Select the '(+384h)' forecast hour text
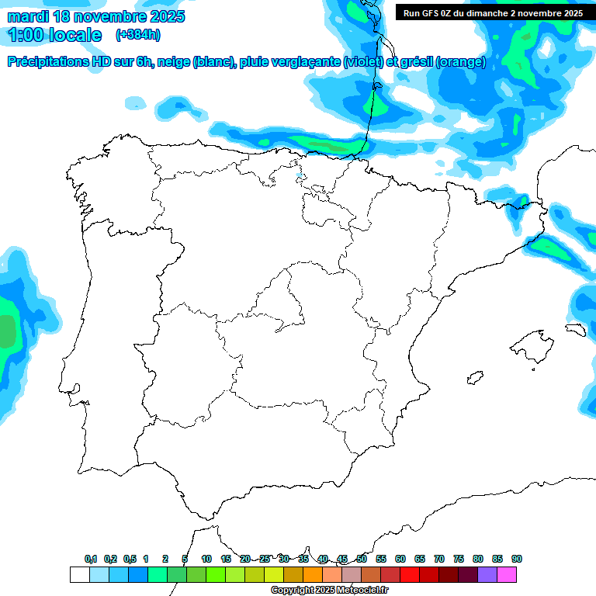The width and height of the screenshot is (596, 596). coord(137,35)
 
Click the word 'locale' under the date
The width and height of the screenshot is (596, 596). coord(74,35)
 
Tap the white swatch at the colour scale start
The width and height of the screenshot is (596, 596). coord(79,574)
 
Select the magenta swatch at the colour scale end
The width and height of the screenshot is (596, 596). coord(507,574)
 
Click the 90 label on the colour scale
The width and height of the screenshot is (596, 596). coord(517,559)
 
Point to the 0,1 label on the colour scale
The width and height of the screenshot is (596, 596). coord(91,559)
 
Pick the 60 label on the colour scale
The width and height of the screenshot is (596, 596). coord(400,559)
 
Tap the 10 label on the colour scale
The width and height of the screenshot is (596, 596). coord(206,559)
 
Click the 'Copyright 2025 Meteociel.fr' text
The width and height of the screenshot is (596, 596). coord(330,591)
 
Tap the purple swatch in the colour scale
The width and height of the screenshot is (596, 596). coord(487,574)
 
